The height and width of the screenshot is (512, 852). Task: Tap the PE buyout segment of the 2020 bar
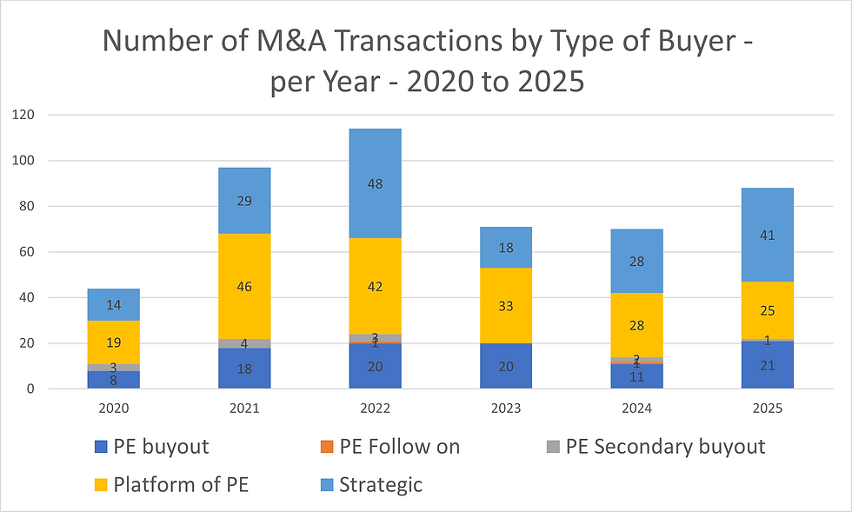tap(113, 380)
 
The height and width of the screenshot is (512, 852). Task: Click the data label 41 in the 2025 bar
tap(768, 236)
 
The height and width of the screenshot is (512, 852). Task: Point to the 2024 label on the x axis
tap(636, 408)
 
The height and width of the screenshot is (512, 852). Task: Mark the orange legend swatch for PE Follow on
tap(327, 448)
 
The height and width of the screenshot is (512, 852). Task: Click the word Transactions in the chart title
tap(375, 40)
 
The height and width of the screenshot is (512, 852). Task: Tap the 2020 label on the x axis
tap(113, 408)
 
